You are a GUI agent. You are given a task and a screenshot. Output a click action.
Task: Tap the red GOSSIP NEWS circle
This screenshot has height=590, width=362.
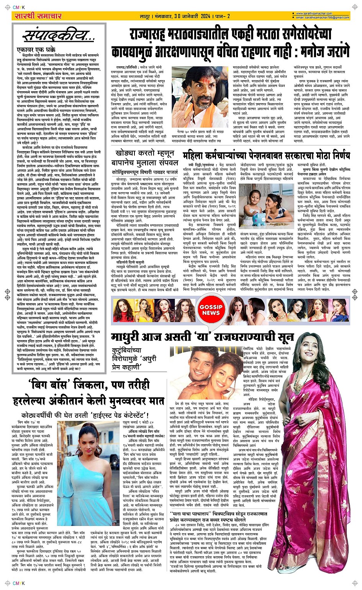pyautogui.click(x=211, y=310)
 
